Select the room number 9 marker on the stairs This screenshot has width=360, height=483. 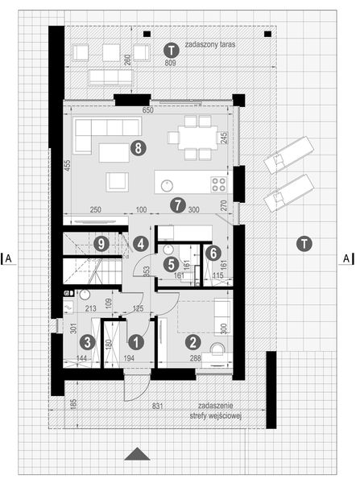101,242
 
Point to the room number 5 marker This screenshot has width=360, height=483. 140,242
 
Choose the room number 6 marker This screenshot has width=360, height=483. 170,262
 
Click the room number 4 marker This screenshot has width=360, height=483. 213,252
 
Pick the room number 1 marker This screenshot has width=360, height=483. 136,342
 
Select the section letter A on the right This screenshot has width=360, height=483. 346,258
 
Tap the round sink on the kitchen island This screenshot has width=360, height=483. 164,184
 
